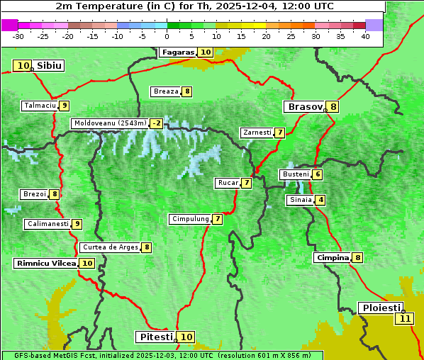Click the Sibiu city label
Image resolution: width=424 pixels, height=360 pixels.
(50, 66)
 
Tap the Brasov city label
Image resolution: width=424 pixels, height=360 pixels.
(304, 107)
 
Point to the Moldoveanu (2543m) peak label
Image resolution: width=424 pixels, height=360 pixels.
(109, 123)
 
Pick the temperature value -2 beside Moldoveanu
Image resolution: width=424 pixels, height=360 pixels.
(156, 123)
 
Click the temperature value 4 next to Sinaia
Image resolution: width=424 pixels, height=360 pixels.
(320, 200)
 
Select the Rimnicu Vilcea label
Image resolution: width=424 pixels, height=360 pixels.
(45, 263)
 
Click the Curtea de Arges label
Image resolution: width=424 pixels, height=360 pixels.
(109, 247)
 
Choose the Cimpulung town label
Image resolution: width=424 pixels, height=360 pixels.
(189, 219)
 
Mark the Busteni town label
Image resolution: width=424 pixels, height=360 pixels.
(295, 174)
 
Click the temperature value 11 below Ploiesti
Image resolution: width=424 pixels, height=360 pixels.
(405, 318)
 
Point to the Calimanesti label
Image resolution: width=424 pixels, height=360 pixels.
(48, 224)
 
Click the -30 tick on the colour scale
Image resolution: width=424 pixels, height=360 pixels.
(18, 35)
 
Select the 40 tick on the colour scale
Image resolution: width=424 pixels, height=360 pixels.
(365, 35)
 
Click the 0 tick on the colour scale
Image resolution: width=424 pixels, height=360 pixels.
(167, 35)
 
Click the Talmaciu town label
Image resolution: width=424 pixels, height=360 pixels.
(39, 106)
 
